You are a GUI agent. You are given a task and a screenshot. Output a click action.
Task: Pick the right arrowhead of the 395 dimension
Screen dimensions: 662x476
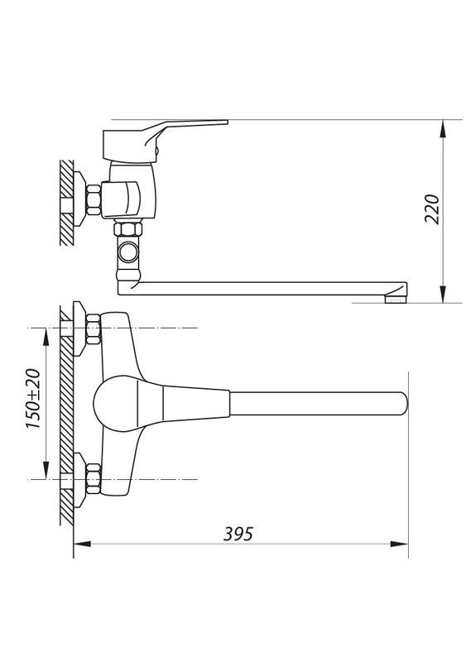pyautogui.click(x=402, y=544)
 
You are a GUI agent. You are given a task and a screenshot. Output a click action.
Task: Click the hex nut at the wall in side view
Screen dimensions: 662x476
pyautogui.click(x=93, y=200)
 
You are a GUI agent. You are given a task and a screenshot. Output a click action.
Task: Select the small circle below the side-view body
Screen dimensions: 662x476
pyautogui.click(x=129, y=250)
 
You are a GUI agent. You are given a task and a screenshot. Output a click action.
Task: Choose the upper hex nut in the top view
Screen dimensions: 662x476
pyautogui.click(x=91, y=329)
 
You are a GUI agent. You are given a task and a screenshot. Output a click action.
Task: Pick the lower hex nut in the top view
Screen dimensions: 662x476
pyautogui.click(x=91, y=479)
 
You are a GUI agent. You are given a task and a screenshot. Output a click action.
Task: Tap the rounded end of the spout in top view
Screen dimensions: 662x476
pyautogui.click(x=401, y=404)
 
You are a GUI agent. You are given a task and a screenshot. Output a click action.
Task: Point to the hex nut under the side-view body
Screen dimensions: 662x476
pyautogui.click(x=129, y=229)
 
